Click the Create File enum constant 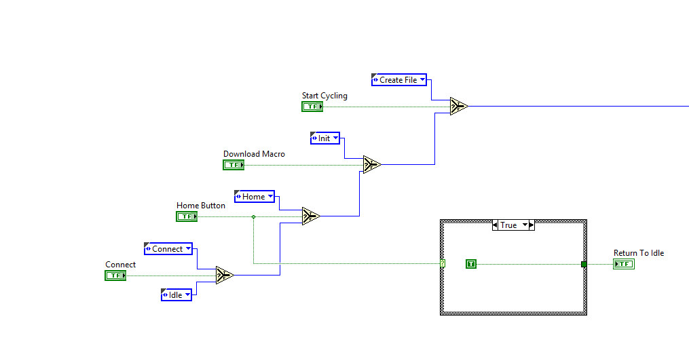pos(399,80)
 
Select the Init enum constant pos(324,138)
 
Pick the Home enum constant pos(254,197)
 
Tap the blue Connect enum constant pos(168,249)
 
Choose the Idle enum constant pos(176,294)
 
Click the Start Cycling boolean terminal pos(312,107)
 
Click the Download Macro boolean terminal pos(234,165)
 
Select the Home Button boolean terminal pos(187,216)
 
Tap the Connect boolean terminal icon pos(115,275)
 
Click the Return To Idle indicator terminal pos(623,264)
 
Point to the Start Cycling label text pos(324,96)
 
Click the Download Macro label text pos(254,154)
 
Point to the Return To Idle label pos(639,253)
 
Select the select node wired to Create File pos(459,106)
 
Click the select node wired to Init pos(371,164)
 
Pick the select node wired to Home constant pos(311,216)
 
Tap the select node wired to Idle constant pos(225,275)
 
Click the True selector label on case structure pos(508,225)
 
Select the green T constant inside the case pos(471,264)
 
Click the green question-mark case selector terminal pos(442,263)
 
